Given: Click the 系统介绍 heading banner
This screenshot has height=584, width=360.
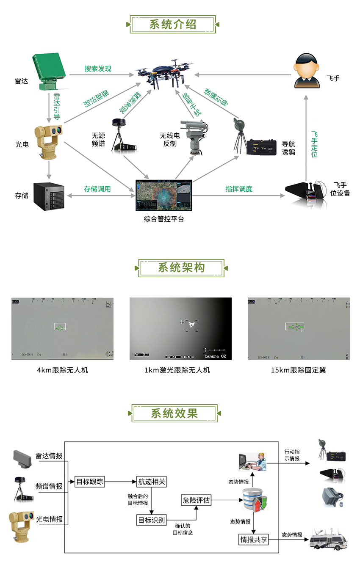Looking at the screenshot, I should (173, 25).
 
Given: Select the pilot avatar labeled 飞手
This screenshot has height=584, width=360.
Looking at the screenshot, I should (307, 71).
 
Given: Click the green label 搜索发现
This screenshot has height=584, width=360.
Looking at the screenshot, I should (97, 69).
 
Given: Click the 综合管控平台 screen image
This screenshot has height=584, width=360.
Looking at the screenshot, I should (163, 196).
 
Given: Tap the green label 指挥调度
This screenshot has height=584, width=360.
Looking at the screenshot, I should (239, 189).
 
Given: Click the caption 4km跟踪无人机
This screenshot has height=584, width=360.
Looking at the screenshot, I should (63, 370).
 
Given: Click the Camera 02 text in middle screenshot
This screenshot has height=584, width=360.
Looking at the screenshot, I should (215, 356).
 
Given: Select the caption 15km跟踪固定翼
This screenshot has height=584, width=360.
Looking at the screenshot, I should (299, 370).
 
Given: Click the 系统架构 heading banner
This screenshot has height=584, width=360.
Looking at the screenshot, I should (181, 268).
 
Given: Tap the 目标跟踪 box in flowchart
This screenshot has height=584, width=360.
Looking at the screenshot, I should (89, 482).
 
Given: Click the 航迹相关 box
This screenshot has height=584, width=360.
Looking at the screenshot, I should (152, 482).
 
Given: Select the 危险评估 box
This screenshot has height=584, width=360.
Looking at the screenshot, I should (196, 500).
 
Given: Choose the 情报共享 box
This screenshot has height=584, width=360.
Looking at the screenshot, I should (254, 540).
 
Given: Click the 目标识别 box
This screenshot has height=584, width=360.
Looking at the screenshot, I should (152, 520).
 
